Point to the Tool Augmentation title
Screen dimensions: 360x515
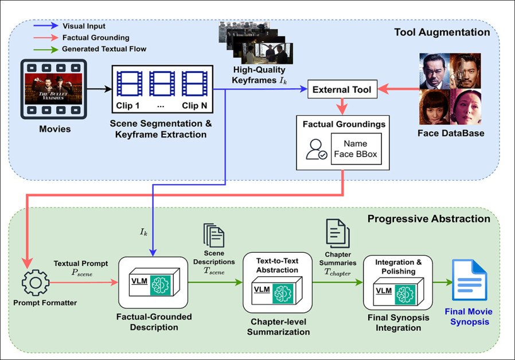click(x=442, y=32)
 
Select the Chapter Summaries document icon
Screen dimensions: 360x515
click(x=335, y=233)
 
